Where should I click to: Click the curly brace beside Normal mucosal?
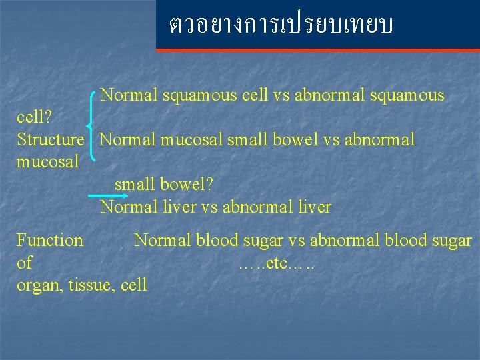pos(91,127)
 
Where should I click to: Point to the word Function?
pos(50,241)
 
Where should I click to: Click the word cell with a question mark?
pos(35,118)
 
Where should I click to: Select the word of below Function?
pos(24,263)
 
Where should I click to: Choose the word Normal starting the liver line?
pos(129,207)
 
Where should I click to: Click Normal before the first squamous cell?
pos(129,95)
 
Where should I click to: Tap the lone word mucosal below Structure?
pos(48,162)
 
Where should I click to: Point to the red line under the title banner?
pos(318,50)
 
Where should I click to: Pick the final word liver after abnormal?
pos(315,207)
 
